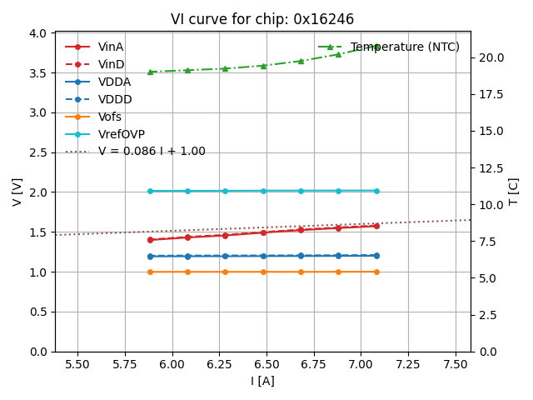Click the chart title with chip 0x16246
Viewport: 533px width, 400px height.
click(262, 19)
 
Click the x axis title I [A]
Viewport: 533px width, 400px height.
click(262, 381)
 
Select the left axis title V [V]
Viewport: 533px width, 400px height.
click(17, 192)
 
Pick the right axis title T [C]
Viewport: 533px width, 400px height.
click(514, 192)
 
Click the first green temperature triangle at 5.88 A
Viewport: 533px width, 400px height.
click(150, 72)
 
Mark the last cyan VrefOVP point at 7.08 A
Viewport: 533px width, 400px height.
click(376, 191)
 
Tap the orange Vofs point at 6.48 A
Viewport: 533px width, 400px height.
click(263, 272)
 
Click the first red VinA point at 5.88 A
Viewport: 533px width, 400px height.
click(150, 240)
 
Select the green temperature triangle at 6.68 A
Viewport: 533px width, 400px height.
click(301, 61)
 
